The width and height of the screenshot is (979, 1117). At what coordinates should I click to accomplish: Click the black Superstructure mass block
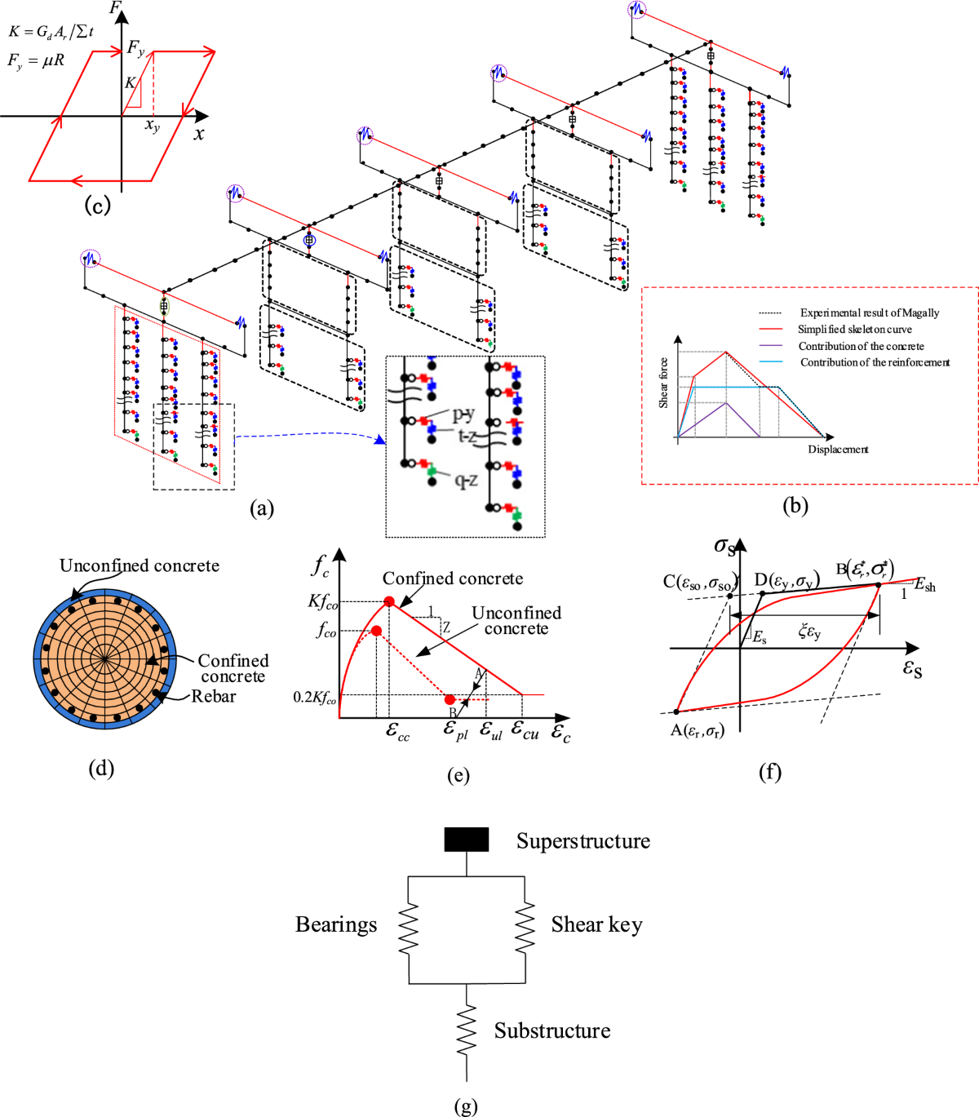click(x=466, y=840)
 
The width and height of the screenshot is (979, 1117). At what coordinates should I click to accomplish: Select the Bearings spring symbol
click(x=408, y=930)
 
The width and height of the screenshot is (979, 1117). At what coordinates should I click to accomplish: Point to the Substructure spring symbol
click(x=466, y=1031)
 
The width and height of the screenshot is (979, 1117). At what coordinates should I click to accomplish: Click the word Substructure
click(x=552, y=1031)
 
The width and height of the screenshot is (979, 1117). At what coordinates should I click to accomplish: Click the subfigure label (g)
click(x=465, y=1106)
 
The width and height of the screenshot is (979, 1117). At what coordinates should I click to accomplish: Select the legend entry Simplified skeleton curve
click(x=854, y=330)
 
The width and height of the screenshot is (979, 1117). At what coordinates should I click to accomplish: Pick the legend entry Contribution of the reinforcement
click(x=875, y=362)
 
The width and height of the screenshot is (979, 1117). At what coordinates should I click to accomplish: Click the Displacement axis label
click(x=838, y=450)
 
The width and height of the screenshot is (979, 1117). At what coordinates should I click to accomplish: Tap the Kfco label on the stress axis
click(x=322, y=602)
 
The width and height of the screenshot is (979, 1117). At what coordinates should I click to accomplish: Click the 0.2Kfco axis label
click(x=314, y=698)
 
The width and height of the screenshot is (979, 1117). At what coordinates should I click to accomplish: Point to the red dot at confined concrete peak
click(x=389, y=601)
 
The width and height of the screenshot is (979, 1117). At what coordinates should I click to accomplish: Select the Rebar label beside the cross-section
click(x=213, y=696)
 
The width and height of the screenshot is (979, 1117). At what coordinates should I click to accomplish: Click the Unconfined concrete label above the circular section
click(x=139, y=565)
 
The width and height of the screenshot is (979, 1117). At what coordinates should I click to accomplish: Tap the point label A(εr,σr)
click(x=697, y=730)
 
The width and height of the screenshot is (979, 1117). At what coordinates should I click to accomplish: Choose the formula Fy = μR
click(x=36, y=60)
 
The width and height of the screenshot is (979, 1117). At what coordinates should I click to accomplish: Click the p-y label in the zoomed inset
click(x=463, y=415)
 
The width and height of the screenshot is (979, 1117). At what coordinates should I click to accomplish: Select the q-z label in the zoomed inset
click(x=466, y=481)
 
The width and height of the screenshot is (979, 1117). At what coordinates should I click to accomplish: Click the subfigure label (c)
click(x=97, y=204)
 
